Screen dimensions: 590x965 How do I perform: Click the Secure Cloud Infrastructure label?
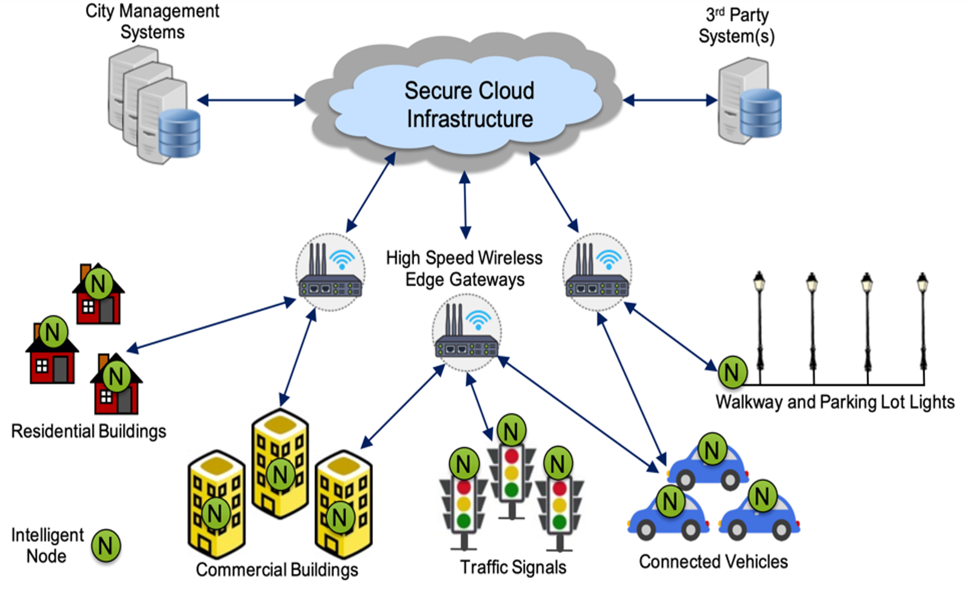[x=469, y=104]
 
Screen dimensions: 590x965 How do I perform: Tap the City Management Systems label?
[x=152, y=21]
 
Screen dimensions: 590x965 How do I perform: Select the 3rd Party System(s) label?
[x=736, y=25]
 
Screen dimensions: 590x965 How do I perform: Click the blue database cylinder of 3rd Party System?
[x=761, y=113]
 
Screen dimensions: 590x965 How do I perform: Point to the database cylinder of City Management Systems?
[x=179, y=133]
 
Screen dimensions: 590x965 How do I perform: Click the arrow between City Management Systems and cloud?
[x=251, y=100]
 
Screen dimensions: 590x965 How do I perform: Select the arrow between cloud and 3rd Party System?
[x=670, y=100]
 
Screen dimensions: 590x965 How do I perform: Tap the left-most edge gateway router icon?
[x=330, y=272]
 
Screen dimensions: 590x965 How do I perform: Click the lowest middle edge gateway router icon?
[x=467, y=333]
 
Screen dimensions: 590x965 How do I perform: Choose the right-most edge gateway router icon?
[x=597, y=272]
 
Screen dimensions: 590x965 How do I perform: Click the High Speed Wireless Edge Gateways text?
[x=464, y=269]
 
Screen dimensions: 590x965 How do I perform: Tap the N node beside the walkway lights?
[x=732, y=372]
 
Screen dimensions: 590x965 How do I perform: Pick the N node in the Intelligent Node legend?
[x=106, y=545]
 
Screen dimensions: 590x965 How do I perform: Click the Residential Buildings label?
[x=88, y=431]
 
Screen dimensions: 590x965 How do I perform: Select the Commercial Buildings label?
[x=277, y=570]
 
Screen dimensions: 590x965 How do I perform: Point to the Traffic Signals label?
[x=513, y=567]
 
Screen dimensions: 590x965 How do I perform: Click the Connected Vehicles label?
[x=713, y=562]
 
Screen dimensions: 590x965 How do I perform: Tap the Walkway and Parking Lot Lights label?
[x=835, y=402]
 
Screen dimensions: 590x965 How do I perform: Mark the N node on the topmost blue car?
[x=712, y=449]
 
